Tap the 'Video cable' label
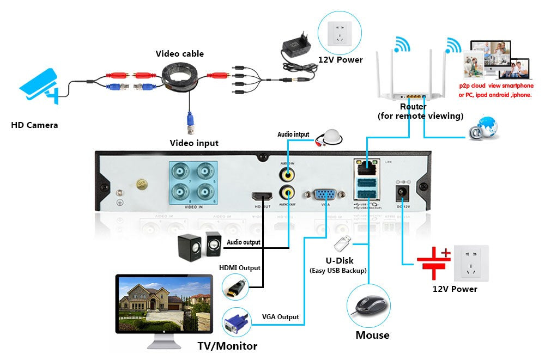180,53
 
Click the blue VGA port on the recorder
325,195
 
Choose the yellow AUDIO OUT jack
287,192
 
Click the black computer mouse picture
369,306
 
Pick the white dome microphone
331,137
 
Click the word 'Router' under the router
413,107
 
